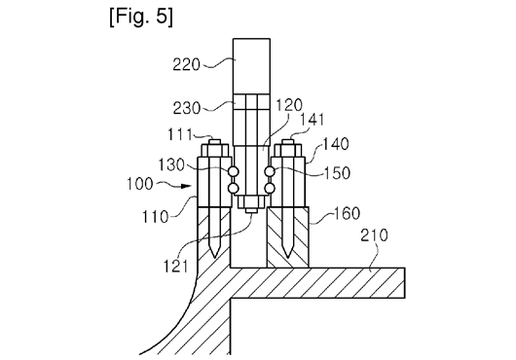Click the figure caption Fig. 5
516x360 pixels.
coord(141,17)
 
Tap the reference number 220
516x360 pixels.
coord(186,64)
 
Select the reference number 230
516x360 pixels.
coord(187,108)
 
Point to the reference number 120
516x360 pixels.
coord(288,105)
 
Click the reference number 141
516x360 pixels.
coord(313,120)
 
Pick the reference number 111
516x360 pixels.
coord(180,134)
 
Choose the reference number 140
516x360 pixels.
coord(335,144)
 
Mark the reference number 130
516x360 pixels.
coord(171,164)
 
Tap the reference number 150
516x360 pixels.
coord(337,172)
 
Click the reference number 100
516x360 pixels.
coord(140,184)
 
